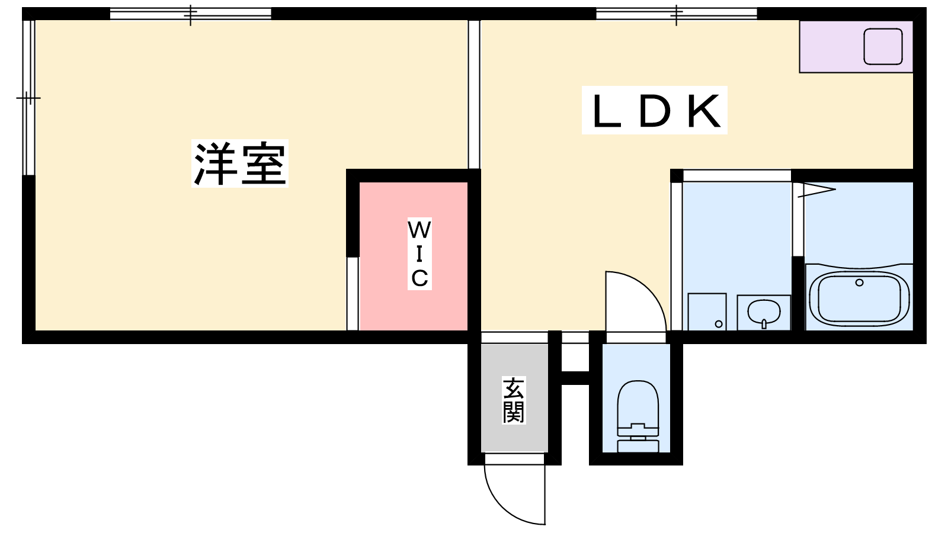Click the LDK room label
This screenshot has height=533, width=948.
pyautogui.click(x=654, y=111)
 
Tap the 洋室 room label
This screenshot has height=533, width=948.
pyautogui.click(x=239, y=163)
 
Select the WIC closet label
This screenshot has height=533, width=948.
pyautogui.click(x=419, y=254)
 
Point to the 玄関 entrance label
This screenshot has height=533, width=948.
pyautogui.click(x=514, y=400)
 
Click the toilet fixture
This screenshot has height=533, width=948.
pyautogui.click(x=638, y=416)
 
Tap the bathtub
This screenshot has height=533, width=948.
pyautogui.click(x=859, y=298)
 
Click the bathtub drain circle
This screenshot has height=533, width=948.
pyautogui.click(x=859, y=282)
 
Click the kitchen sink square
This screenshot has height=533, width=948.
pyautogui.click(x=883, y=47)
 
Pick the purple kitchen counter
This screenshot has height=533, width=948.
pyautogui.click(x=856, y=47)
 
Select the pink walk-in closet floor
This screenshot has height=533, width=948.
pyautogui.click(x=413, y=256)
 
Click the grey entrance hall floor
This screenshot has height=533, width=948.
pyautogui.click(x=514, y=398)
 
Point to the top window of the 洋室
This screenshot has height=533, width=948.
pyautogui.click(x=190, y=14)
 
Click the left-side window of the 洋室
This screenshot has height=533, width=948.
pyautogui.click(x=28, y=98)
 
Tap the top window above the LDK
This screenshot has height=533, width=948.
pyautogui.click(x=676, y=14)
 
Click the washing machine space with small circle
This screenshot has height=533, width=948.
pyautogui.click(x=707, y=312)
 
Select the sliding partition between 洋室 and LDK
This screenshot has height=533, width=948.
pyautogui.click(x=474, y=94)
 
